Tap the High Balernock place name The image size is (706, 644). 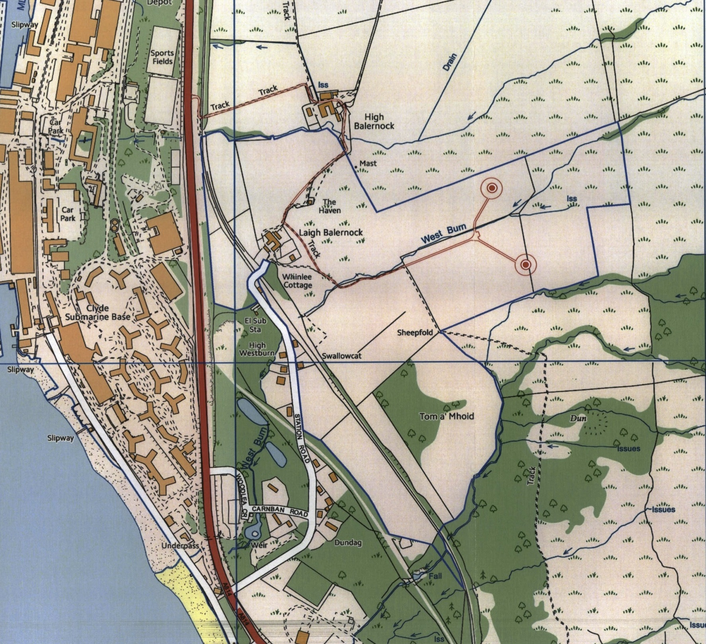click(x=374, y=121)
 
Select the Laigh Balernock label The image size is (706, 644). click(x=330, y=232)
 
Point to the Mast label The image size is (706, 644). click(x=368, y=163)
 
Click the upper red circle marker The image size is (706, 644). click(x=492, y=188)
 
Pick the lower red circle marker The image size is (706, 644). click(x=526, y=264)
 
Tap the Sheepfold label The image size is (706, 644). click(x=415, y=332)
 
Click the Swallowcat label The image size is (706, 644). click(x=341, y=356)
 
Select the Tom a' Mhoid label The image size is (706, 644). click(x=447, y=416)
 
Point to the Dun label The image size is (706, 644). click(x=578, y=418)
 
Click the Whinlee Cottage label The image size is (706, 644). click(x=297, y=281)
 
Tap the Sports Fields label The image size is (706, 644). click(x=162, y=57)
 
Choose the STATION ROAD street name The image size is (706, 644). click(x=302, y=438)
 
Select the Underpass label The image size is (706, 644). click(x=180, y=546)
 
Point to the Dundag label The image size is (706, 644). click(x=348, y=543)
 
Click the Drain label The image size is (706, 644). click(x=450, y=62)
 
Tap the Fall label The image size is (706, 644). click(x=435, y=576)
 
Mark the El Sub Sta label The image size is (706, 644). click(x=255, y=325)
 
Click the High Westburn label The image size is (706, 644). click(x=257, y=349)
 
